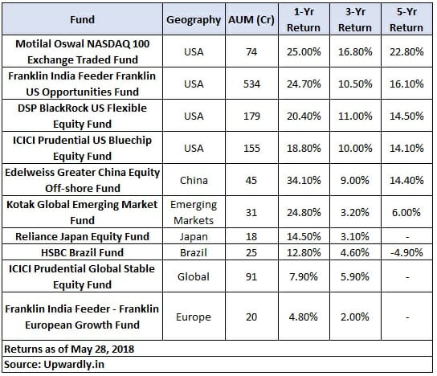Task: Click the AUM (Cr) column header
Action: pos(251,20)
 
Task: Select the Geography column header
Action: pos(194,20)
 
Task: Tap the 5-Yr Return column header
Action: pos(406,19)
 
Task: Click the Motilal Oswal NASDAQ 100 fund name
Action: pos(83,51)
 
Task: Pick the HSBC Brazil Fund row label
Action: pos(82,252)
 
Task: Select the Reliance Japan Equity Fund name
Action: pos(82,237)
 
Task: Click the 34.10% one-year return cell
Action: pos(304,180)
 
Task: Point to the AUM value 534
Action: pos(251,84)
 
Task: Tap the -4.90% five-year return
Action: pos(406,252)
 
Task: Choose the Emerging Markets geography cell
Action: pos(194,212)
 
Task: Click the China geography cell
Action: pos(194,180)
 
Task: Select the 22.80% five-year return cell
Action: pos(406,52)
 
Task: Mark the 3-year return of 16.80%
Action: pos(355,52)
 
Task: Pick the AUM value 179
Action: pos(251,116)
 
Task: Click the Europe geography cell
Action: pos(194,317)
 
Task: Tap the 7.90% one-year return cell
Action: pos(304,276)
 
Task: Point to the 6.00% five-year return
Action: pos(406,212)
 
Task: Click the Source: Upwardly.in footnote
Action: pos(55,364)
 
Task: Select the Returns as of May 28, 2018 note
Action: pos(69,349)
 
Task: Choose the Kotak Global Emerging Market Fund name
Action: pos(82,212)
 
